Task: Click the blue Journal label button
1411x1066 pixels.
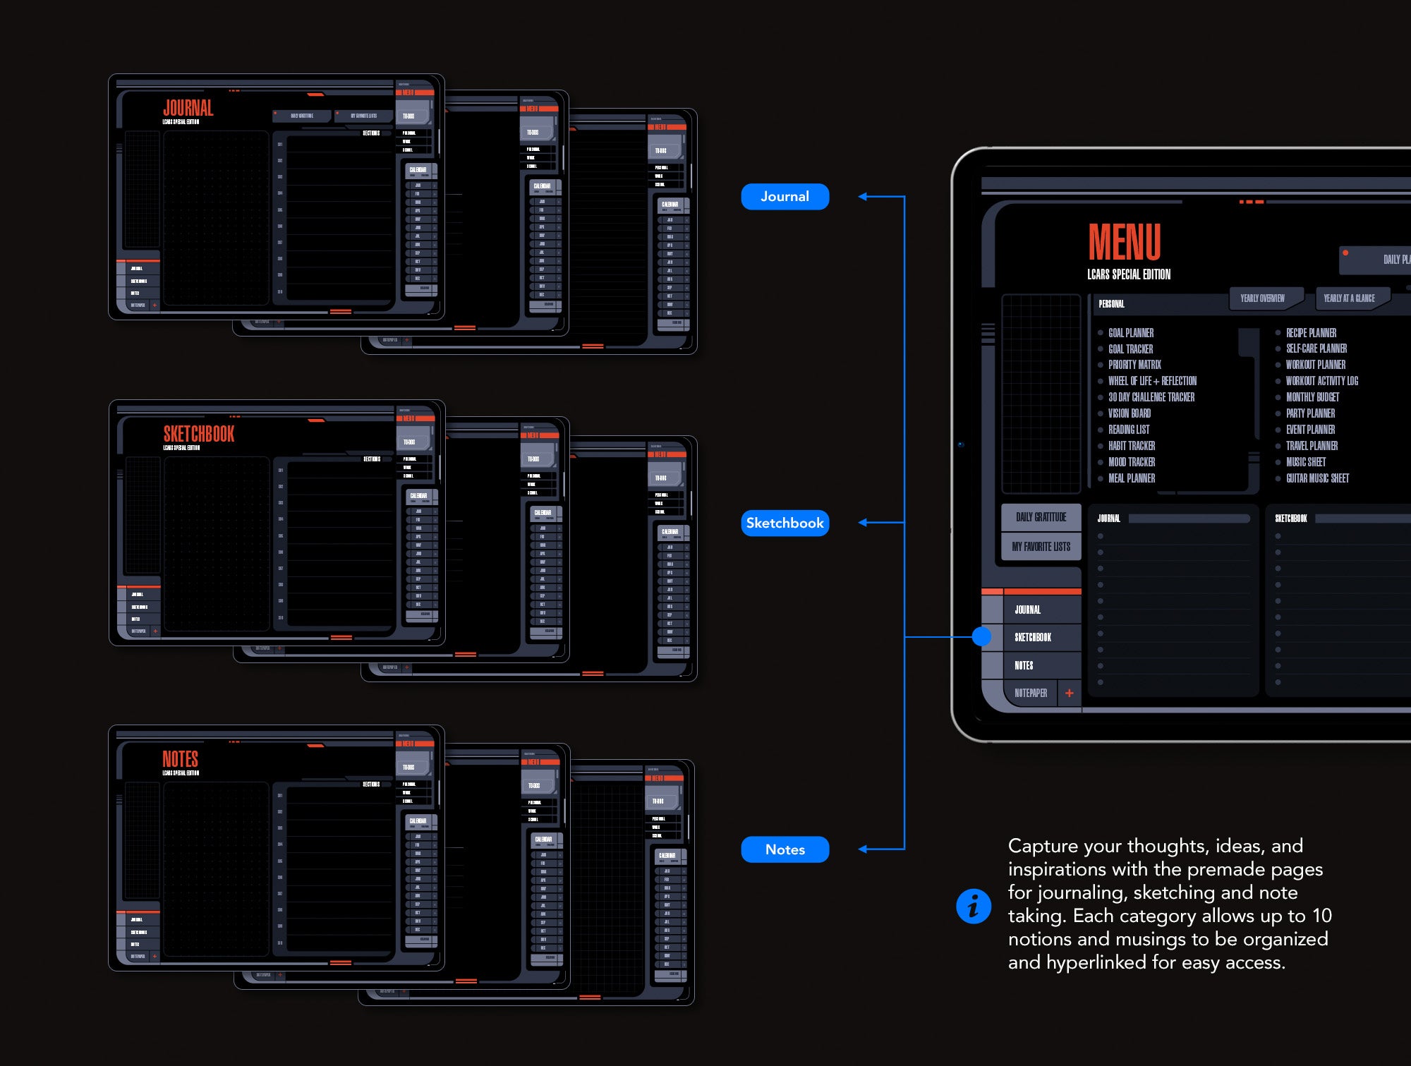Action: [x=785, y=197]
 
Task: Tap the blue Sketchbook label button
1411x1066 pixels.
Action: [x=785, y=523]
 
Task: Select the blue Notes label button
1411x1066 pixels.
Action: [x=785, y=849]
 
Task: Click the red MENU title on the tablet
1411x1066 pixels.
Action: [x=1125, y=242]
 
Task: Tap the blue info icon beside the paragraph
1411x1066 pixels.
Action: [x=974, y=906]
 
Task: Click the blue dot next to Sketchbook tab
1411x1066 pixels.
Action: [x=981, y=637]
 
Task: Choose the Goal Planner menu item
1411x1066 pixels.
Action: [x=1131, y=333]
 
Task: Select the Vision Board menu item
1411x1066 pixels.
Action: [x=1130, y=413]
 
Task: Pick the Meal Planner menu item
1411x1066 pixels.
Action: [x=1132, y=478]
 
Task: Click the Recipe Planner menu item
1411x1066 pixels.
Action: [x=1311, y=333]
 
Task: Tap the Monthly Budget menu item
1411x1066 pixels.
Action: [x=1312, y=397]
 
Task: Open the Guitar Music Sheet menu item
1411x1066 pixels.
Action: [x=1317, y=478]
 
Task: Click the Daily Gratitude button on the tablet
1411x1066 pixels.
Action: [x=1041, y=517]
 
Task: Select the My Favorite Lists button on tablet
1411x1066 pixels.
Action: [x=1041, y=547]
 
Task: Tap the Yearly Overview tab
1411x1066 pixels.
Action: [x=1262, y=298]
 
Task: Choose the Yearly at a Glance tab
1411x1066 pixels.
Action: [x=1349, y=298]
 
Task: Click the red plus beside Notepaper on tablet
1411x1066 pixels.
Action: [x=1070, y=693]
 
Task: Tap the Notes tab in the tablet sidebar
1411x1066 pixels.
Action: [x=1024, y=665]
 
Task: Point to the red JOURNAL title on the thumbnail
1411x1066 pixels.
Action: [x=188, y=108]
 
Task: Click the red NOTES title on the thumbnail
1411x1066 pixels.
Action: [x=180, y=759]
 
